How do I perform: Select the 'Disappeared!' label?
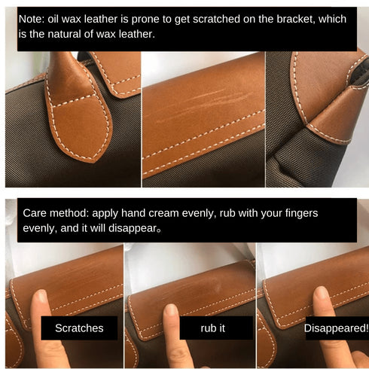[x=336, y=328]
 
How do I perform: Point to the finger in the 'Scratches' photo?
[x=41, y=301]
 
